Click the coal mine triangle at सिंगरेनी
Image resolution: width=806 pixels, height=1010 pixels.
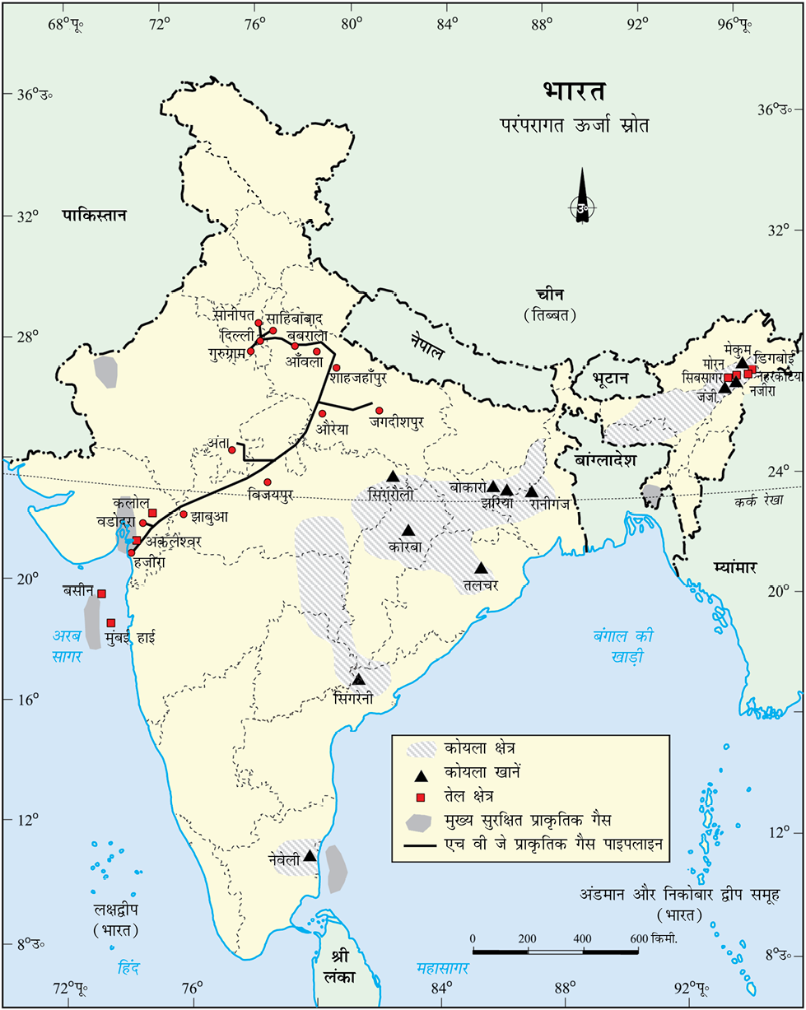coord(358,679)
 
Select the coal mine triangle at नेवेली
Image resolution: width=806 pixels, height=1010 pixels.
coord(310,856)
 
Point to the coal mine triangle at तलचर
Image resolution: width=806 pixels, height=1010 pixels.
coord(482,568)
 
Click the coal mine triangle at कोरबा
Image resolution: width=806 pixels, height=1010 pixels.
coord(408,530)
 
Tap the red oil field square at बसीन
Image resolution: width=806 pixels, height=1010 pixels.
coord(102,593)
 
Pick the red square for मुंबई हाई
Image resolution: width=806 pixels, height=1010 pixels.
coord(110,622)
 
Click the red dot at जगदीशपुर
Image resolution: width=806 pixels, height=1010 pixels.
coord(380,410)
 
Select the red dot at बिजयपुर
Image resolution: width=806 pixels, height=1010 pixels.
coord(268,482)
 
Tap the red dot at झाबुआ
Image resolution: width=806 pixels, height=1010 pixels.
coord(184,514)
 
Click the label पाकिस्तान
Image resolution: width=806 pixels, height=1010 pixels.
coord(94,216)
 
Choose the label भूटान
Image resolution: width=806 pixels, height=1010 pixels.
coord(610,378)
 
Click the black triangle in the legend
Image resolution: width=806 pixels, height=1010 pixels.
coord(421,775)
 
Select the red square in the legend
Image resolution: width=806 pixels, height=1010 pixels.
coord(421,798)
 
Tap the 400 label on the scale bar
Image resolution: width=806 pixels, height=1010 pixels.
coord(582,939)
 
